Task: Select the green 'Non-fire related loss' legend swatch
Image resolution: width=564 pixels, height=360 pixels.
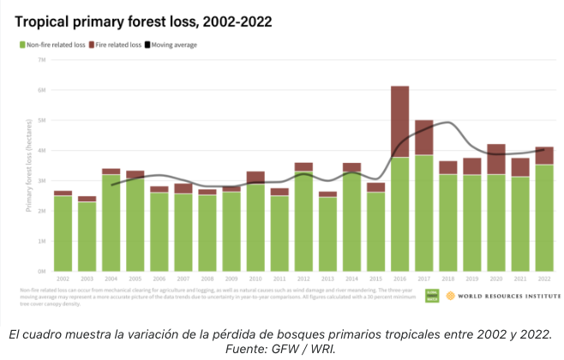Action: pyautogui.click(x=21, y=45)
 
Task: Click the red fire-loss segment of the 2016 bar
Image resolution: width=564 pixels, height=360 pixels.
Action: pyautogui.click(x=399, y=121)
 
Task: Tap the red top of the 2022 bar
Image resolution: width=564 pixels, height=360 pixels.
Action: pyautogui.click(x=545, y=156)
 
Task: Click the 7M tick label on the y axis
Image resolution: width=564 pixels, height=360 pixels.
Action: pyautogui.click(x=41, y=60)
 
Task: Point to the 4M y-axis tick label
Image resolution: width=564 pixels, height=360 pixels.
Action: pyautogui.click(x=41, y=151)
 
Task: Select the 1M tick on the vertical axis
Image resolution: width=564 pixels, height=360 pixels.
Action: pyautogui.click(x=41, y=241)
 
